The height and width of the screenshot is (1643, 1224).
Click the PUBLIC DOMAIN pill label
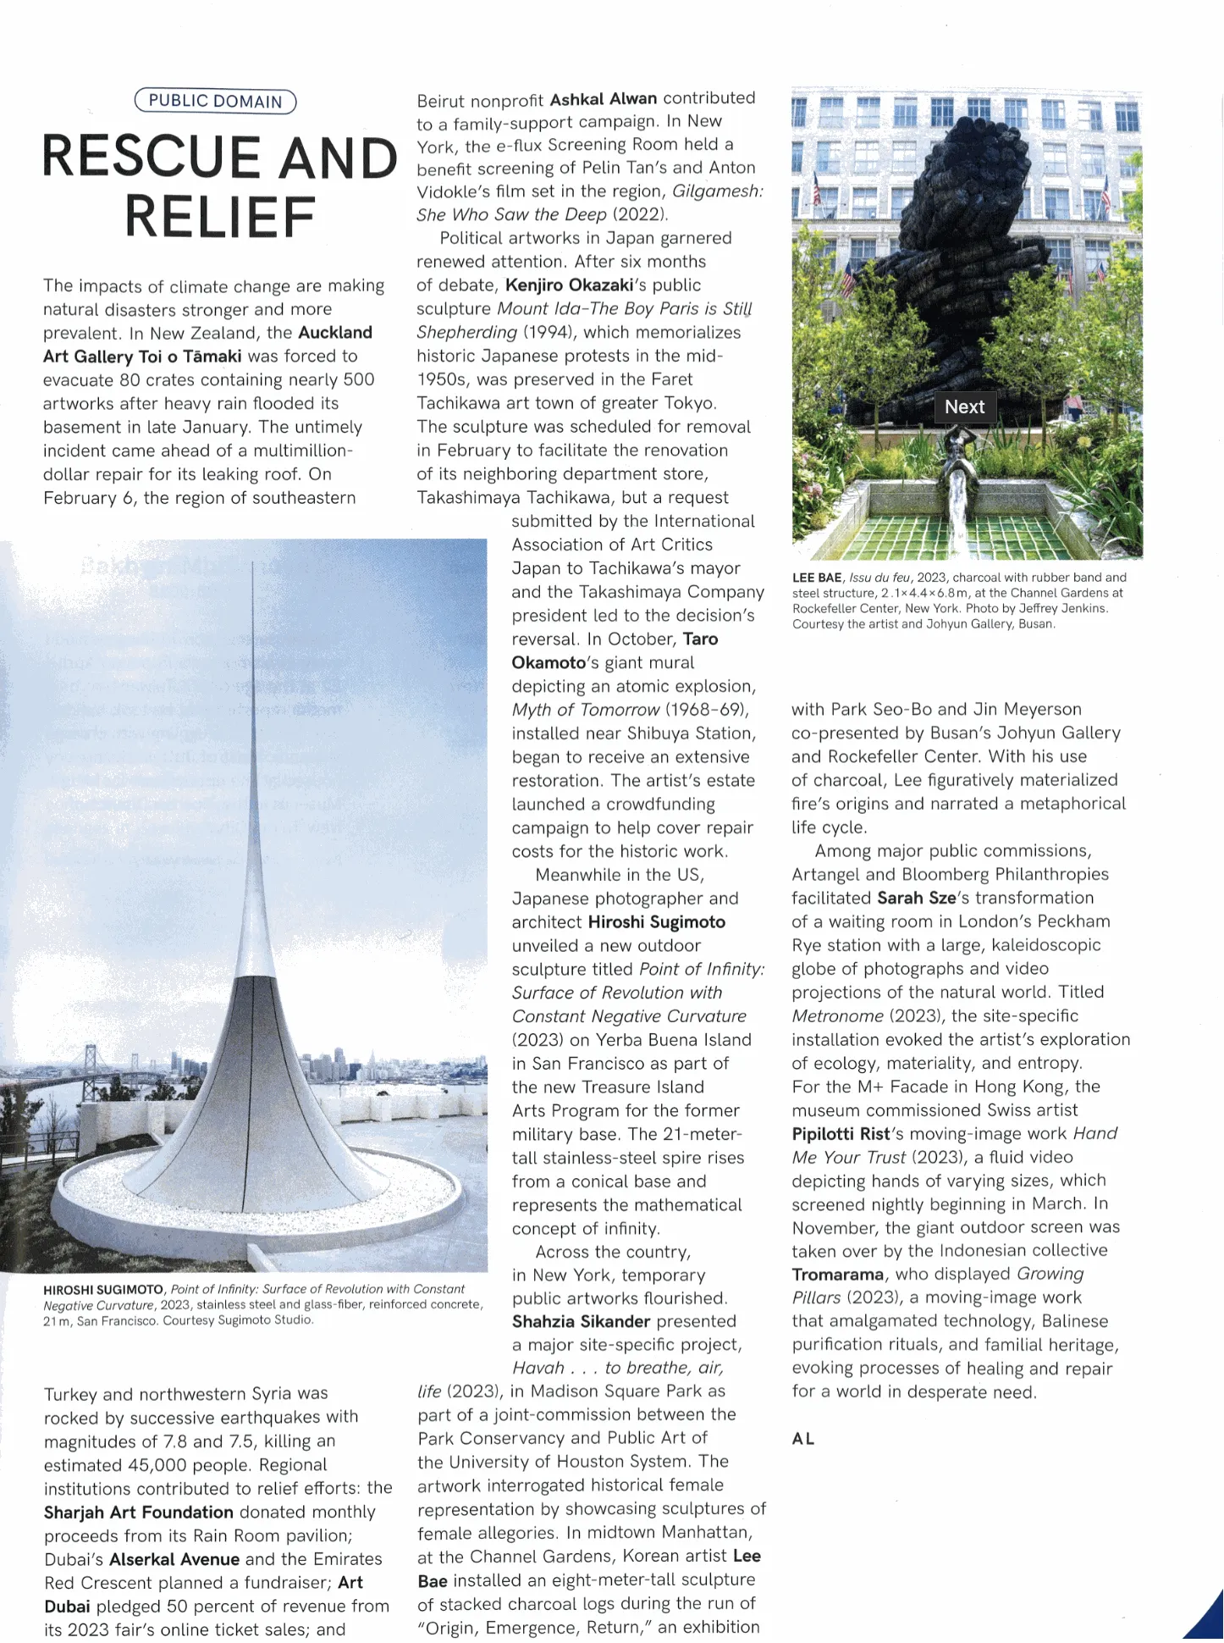click(x=215, y=102)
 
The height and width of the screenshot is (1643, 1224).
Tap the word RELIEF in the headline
click(x=220, y=217)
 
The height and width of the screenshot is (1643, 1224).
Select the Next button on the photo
click(x=964, y=407)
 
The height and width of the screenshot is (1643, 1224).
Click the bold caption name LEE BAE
click(x=817, y=578)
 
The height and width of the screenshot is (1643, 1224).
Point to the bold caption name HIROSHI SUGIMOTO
click(x=103, y=1290)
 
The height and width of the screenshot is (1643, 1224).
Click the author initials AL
click(x=803, y=1439)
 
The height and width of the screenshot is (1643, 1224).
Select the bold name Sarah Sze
click(x=916, y=899)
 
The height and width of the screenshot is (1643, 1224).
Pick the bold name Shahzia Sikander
click(x=581, y=1322)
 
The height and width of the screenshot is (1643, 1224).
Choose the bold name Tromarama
click(x=837, y=1275)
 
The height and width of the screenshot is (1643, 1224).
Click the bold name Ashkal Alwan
click(x=604, y=99)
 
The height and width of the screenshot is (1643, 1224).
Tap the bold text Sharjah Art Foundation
click(x=138, y=1513)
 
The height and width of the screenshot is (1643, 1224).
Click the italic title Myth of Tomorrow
click(x=585, y=711)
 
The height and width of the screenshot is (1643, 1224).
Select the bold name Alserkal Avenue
click(x=174, y=1560)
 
